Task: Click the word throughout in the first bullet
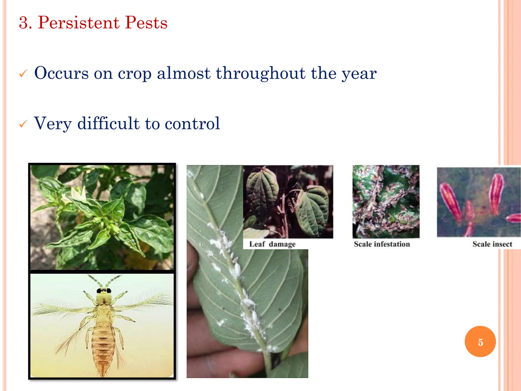[260, 73]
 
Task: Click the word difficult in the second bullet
[108, 123]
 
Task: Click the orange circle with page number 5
[480, 342]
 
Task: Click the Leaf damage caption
[272, 244]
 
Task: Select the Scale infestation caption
[382, 244]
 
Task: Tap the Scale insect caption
[492, 244]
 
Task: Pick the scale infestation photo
[386, 201]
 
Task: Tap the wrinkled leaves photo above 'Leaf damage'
[288, 201]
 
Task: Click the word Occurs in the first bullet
[61, 73]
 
